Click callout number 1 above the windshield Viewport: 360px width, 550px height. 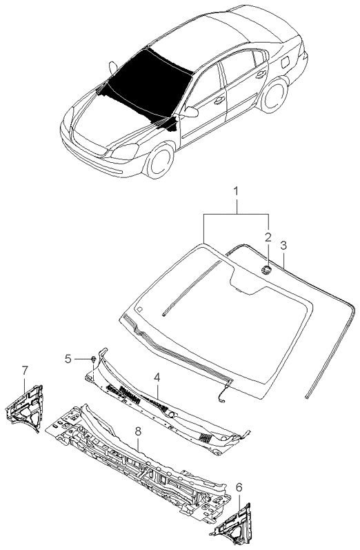236,192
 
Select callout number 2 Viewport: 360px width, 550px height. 268,237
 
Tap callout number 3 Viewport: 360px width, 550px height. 283,245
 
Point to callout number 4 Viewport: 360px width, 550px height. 157,377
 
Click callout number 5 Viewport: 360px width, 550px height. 68,359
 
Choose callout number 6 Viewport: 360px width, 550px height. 239,487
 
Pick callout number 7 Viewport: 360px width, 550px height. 25,370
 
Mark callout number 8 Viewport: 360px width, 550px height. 138,432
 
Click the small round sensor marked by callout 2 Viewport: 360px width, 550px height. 266,269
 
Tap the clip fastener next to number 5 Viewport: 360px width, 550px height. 94,359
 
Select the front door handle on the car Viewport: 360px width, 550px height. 220,100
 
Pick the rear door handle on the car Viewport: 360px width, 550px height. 260,74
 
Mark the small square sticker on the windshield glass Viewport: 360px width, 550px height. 139,309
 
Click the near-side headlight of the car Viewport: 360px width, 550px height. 124,152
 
